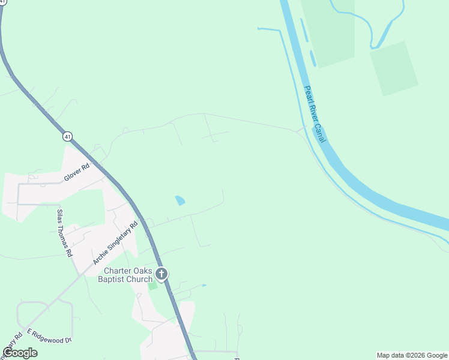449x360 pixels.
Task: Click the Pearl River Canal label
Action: click(x=315, y=114)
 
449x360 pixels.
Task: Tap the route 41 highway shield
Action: click(x=68, y=137)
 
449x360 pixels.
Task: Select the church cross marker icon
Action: click(x=161, y=275)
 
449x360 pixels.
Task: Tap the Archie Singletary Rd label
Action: click(x=116, y=243)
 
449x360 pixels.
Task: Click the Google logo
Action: click(x=20, y=353)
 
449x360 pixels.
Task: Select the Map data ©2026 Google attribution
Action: click(x=411, y=355)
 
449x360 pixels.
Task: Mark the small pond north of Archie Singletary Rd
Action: click(x=180, y=200)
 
